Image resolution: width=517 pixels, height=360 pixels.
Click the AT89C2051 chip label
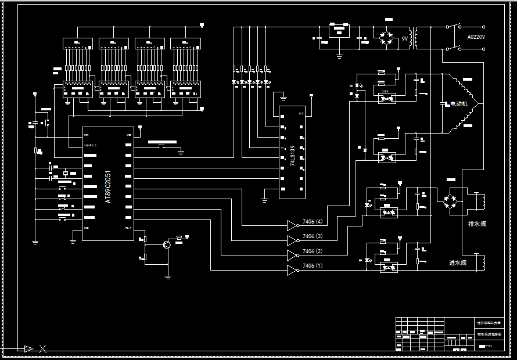pos(108,187)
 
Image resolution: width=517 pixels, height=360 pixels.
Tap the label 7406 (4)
pos(313,222)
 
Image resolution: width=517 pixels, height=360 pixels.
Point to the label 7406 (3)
pos(313,236)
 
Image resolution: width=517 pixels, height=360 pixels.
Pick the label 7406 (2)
pos(313,251)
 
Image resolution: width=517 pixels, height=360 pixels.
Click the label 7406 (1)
pos(313,266)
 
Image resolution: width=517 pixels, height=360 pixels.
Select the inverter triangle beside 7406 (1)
pos(292,270)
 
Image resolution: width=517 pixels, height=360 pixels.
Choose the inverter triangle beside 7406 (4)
pos(292,225)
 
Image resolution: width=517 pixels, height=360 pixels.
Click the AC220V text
pos(476,37)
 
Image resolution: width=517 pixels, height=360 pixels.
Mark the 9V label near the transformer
pos(404,39)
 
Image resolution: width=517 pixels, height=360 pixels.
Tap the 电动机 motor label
pos(459,105)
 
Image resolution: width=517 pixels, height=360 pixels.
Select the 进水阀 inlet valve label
pos(458,263)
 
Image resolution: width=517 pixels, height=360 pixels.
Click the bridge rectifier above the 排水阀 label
pos(450,200)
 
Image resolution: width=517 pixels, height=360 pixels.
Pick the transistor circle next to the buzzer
pos(167,245)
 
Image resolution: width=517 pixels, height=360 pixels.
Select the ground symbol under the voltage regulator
pos(339,56)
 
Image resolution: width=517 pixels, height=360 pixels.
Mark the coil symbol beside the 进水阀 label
pos(480,263)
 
